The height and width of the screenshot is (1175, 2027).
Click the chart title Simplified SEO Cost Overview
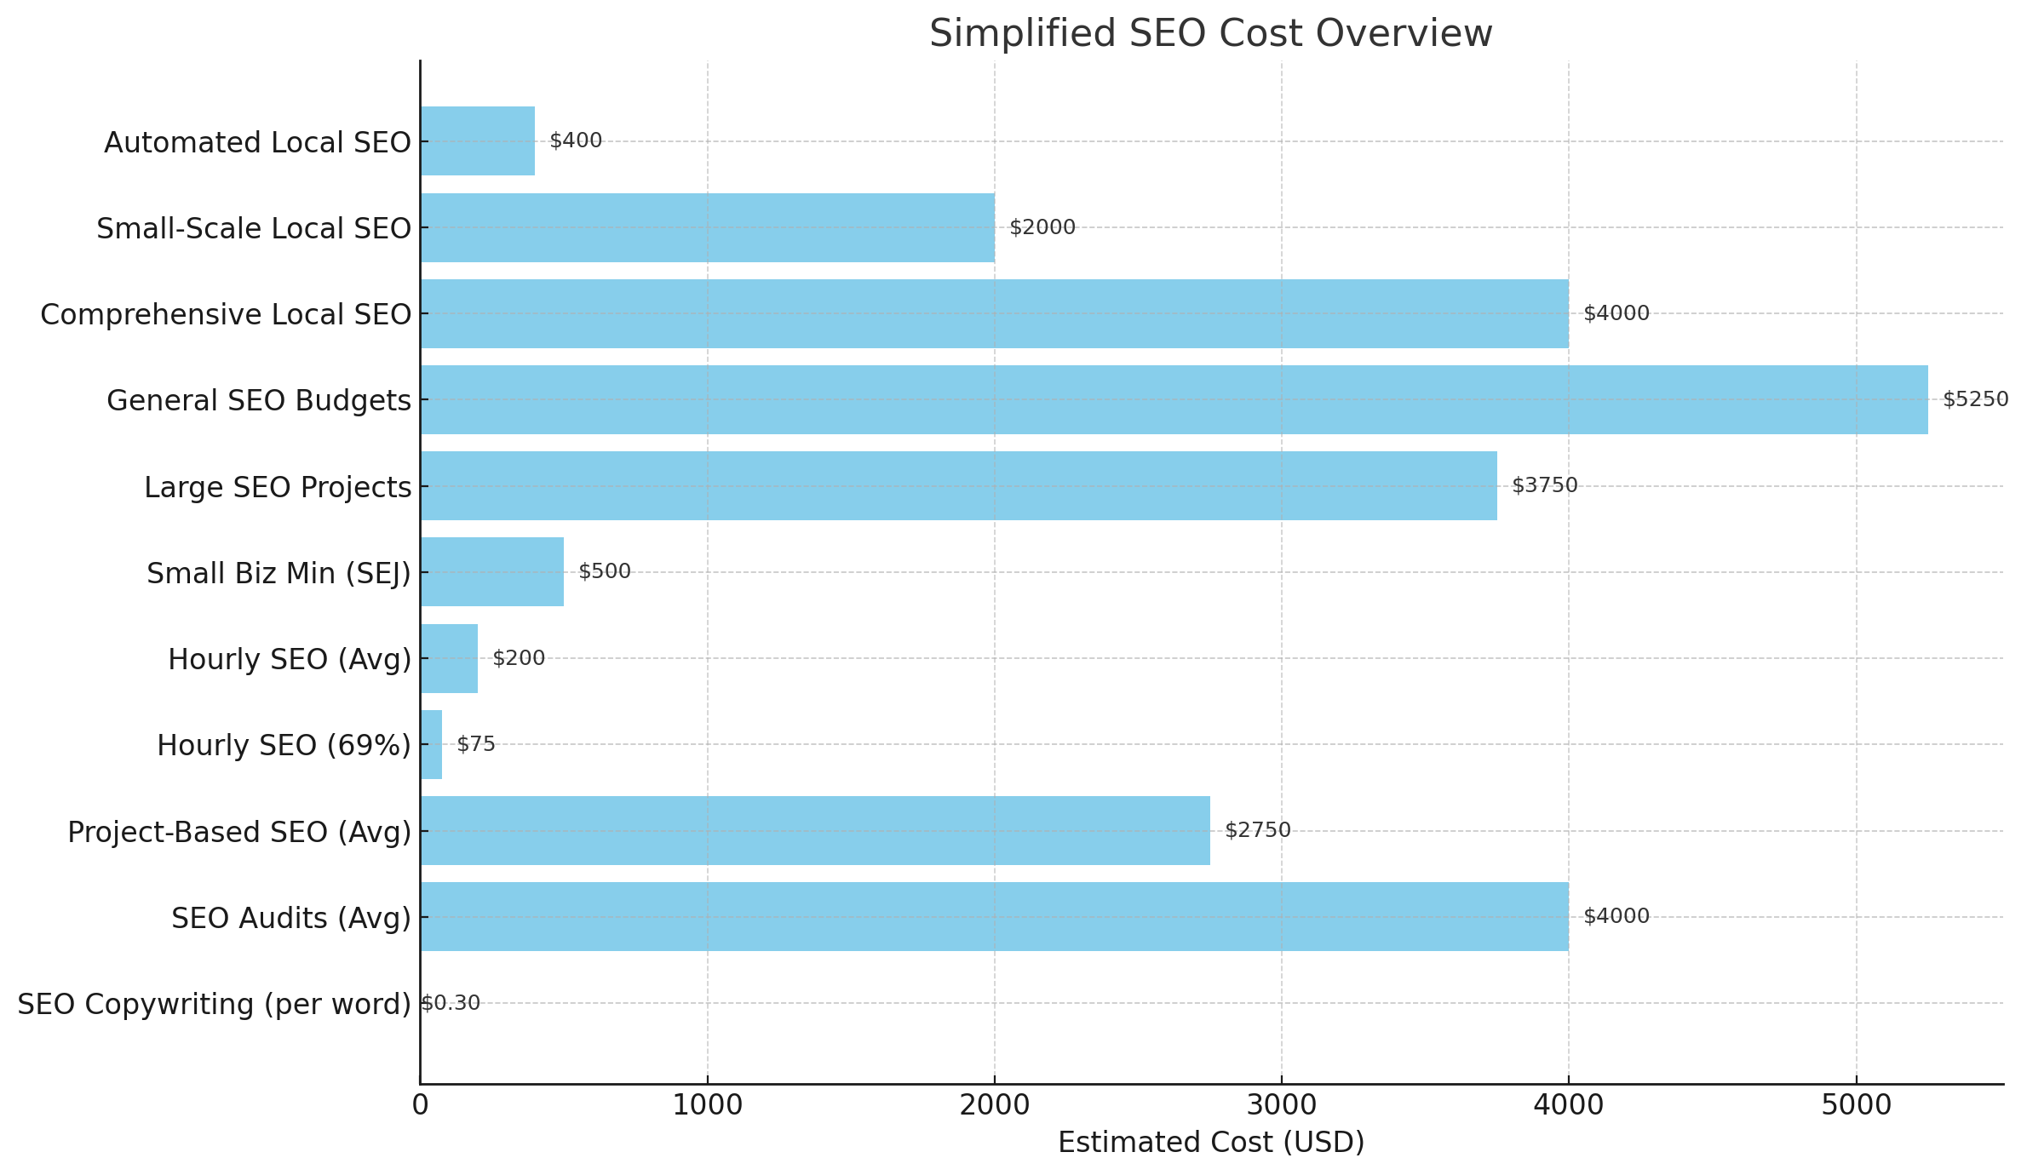coord(1210,34)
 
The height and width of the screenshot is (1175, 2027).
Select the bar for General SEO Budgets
coord(1174,400)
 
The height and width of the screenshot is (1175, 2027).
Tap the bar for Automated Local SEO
coord(478,141)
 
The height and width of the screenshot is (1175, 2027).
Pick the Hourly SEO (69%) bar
coord(432,745)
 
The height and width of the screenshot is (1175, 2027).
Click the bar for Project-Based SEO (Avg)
coord(815,831)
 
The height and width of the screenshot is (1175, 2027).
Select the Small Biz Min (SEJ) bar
coord(492,572)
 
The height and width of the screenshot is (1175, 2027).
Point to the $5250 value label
coord(1975,399)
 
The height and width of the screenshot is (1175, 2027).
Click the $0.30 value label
coord(451,1003)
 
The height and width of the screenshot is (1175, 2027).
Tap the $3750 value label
coord(1544,485)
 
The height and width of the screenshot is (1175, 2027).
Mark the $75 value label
coord(476,744)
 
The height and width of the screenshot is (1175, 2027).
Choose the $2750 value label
coord(1257,830)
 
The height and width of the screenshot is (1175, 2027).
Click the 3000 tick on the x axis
coord(1281,1105)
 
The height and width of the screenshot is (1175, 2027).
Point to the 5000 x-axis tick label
coord(1856,1105)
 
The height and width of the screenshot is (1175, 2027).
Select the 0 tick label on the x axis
coord(420,1105)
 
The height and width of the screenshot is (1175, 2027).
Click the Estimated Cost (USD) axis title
coord(1210,1143)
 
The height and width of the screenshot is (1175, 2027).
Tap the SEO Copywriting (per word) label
coord(215,1005)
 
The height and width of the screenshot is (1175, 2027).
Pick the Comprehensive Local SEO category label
coord(226,315)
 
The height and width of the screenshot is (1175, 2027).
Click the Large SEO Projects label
coord(278,488)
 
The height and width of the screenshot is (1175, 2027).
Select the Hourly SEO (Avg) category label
coord(290,660)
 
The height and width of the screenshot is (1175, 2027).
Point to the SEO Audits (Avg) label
coord(291,919)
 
